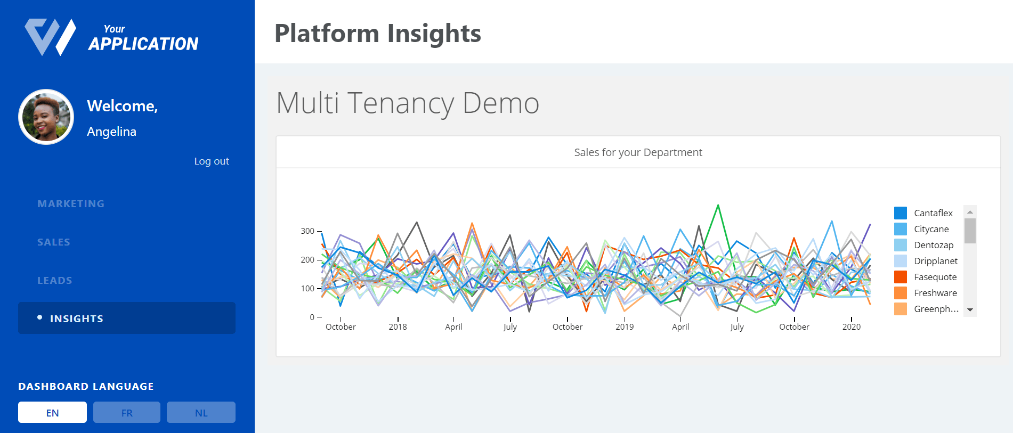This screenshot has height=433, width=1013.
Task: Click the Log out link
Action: (211, 161)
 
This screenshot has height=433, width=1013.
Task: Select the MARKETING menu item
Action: (71, 203)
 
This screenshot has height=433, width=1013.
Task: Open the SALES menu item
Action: (54, 242)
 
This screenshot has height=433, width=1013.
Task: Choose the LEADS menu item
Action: (54, 280)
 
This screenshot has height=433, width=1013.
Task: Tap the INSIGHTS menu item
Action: (76, 318)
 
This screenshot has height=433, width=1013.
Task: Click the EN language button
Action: (52, 413)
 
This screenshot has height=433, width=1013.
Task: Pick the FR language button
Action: (127, 413)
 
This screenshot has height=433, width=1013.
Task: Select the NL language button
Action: (201, 413)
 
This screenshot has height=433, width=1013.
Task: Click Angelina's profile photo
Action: (46, 117)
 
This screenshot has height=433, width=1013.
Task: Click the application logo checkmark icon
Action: (50, 37)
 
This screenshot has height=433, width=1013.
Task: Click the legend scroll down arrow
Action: (970, 310)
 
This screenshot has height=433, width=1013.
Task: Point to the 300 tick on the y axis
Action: (307, 231)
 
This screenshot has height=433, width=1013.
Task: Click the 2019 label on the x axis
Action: (625, 327)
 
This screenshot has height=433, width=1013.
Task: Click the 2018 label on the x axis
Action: (398, 327)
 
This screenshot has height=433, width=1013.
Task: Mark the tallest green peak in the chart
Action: (718, 206)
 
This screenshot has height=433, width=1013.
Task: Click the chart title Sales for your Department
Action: (638, 152)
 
